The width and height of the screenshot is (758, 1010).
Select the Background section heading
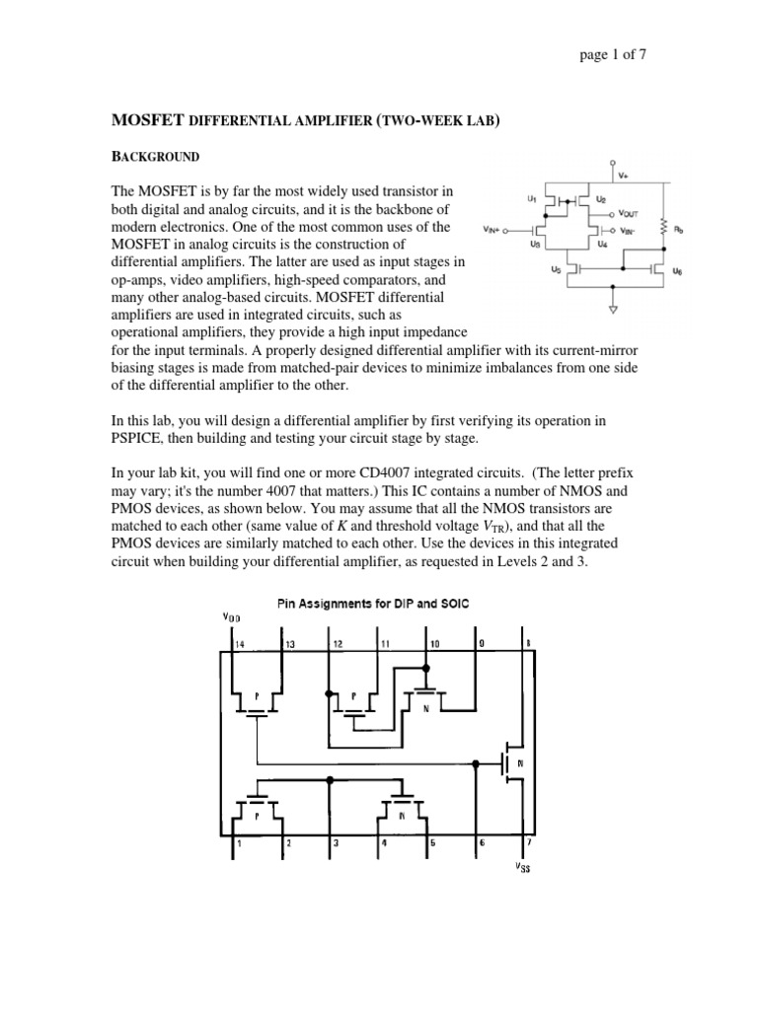click(x=154, y=157)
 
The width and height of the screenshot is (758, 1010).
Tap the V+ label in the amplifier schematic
click(x=623, y=177)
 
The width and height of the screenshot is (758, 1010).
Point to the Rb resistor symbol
click(x=666, y=229)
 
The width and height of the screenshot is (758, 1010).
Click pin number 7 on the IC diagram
click(x=528, y=843)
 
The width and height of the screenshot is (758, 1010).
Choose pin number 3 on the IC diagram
click(x=336, y=843)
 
